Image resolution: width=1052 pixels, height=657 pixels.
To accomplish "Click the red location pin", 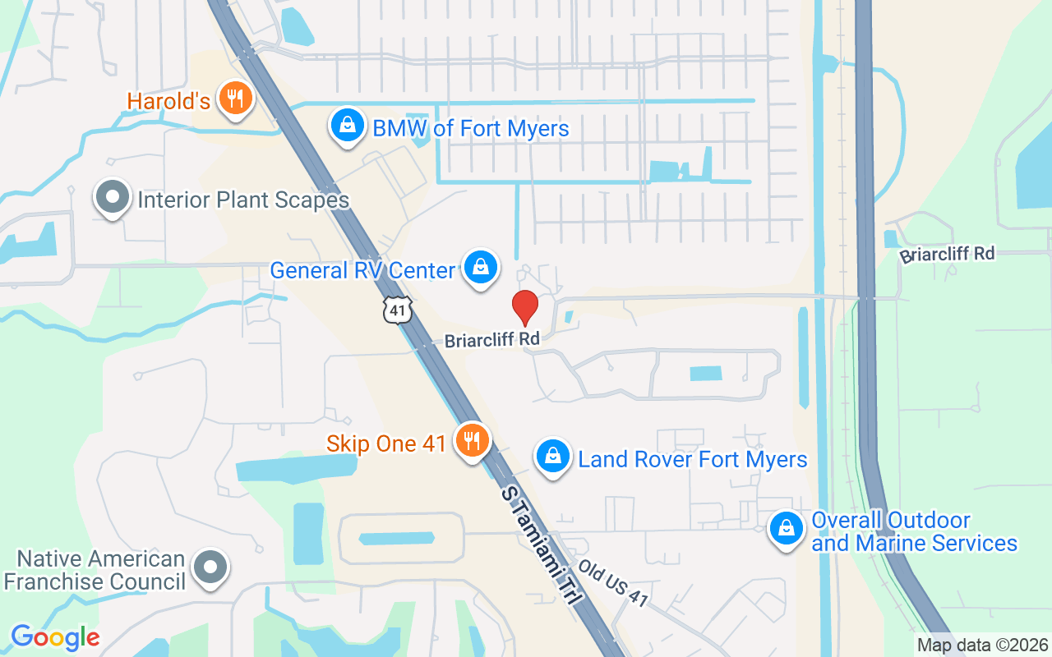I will pos(525,307).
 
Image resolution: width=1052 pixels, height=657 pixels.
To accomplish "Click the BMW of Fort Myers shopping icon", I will pos(348,126).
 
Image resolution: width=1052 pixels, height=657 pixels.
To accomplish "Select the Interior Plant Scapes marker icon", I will pos(113,198).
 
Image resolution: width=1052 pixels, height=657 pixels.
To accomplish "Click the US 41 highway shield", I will pos(397,310).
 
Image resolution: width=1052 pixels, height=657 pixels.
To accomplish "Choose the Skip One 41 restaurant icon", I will pos(472,441).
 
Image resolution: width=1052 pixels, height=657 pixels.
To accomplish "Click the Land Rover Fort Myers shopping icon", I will pos(553,457).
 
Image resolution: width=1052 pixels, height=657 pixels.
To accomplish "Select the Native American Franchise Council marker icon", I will pos(210,567).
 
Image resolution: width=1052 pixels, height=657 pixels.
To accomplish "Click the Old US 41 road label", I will pos(614,584).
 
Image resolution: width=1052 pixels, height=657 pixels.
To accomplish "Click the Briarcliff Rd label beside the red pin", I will pos(491,340).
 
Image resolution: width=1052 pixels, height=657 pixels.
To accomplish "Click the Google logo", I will pos(55,637).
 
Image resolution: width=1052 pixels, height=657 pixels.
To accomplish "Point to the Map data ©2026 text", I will pos(982,645).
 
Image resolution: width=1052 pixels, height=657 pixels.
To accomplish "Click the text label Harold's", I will pos(168,101).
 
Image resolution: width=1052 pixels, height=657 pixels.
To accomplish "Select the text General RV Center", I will pos(362,270).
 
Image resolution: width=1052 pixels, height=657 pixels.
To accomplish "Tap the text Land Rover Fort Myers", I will pos(693,459).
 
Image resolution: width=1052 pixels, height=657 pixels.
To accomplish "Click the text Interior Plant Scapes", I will pos(243,200).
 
